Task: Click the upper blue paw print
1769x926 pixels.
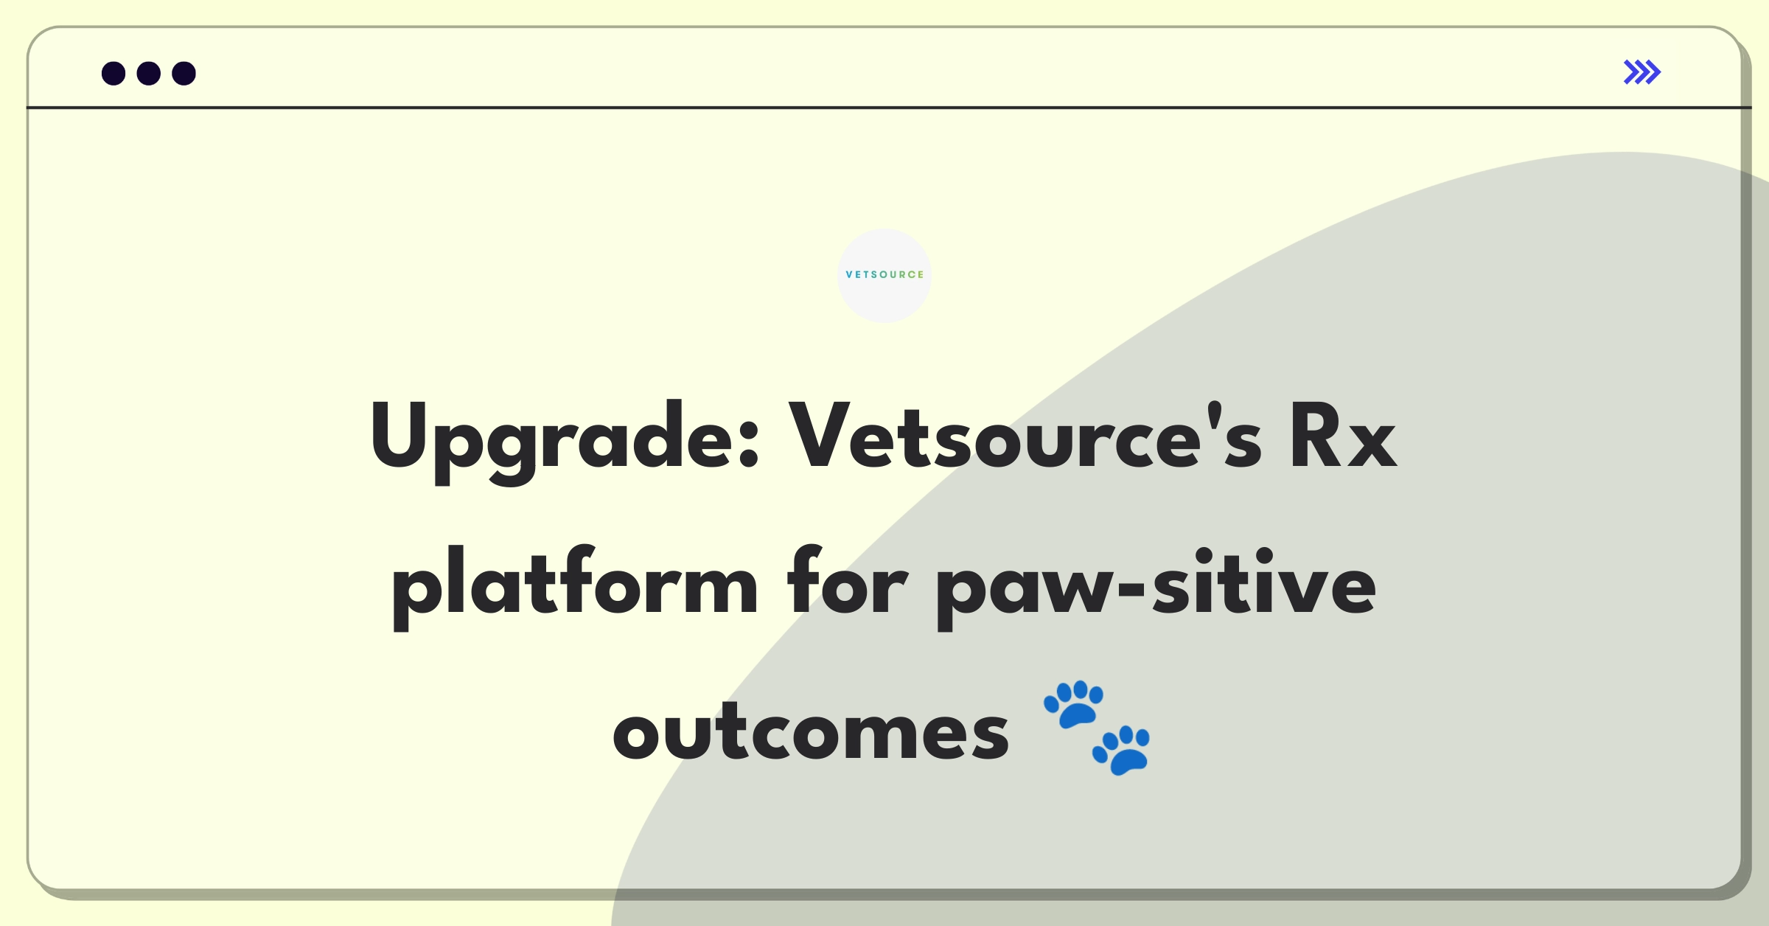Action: (1074, 703)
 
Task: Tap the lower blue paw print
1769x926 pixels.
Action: (1121, 750)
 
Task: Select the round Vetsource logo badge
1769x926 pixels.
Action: (884, 275)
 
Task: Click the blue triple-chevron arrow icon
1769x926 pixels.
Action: (1642, 72)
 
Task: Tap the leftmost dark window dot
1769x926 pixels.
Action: (114, 73)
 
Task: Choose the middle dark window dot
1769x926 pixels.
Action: (149, 73)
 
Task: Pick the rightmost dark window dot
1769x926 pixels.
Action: (184, 73)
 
